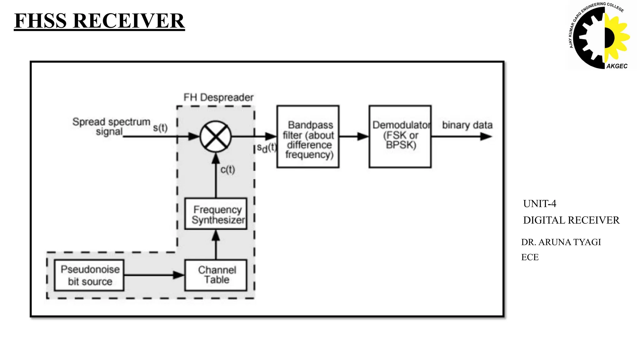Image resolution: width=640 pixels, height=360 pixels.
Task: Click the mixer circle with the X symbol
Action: coord(216,137)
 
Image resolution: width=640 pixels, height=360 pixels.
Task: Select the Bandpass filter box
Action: coord(308,137)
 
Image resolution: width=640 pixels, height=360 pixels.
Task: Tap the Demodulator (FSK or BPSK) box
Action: coord(400,137)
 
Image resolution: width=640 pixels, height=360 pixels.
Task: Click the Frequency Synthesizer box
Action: coord(216,214)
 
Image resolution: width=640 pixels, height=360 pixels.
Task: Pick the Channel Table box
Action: coord(216,275)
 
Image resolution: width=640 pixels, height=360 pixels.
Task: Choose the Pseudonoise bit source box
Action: coord(89,275)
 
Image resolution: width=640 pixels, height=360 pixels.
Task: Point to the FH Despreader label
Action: coord(218,97)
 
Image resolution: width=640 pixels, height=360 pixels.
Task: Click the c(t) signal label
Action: coord(227,170)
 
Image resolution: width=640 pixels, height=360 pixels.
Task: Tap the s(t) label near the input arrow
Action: coord(160,128)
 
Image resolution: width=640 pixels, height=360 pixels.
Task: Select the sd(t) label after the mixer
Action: coord(267,148)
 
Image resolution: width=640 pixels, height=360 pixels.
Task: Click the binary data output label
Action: coord(467,125)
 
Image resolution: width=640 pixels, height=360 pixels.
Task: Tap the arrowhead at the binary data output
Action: coord(486,137)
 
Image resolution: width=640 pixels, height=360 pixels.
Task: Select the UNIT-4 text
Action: coord(540,204)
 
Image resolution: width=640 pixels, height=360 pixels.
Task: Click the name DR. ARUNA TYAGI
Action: coord(561,242)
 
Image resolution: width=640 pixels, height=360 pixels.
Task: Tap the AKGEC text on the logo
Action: coord(617,66)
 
